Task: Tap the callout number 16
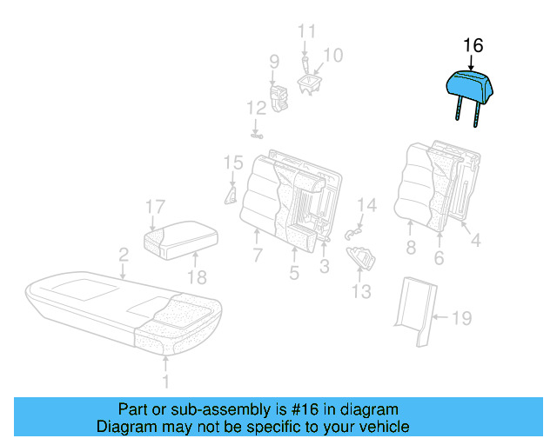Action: click(473, 46)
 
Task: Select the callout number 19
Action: click(461, 319)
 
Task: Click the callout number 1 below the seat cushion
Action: click(166, 380)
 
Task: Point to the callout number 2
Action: click(124, 255)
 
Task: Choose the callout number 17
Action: click(155, 207)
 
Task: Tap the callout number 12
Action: click(255, 109)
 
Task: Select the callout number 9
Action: click(274, 62)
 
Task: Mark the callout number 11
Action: click(305, 31)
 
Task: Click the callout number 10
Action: click(333, 55)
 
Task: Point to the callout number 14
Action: click(367, 206)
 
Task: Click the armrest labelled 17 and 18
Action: click(180, 236)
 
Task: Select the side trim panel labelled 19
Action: click(415, 309)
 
